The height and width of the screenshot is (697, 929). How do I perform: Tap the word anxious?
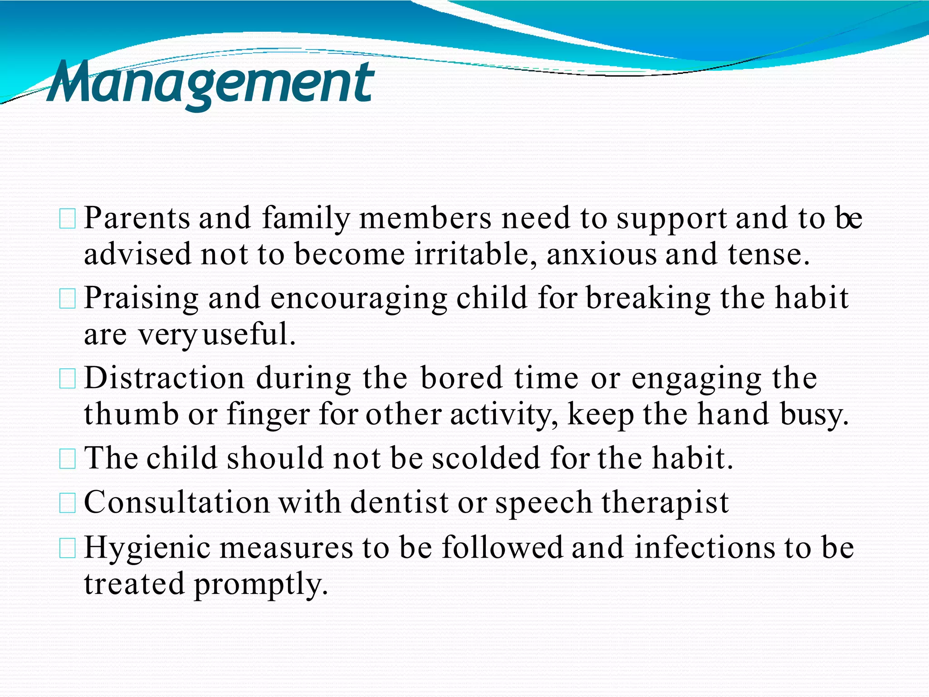pyautogui.click(x=601, y=254)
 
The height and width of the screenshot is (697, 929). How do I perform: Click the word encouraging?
pyautogui.click(x=358, y=299)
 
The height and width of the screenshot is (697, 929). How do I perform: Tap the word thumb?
pyautogui.click(x=131, y=414)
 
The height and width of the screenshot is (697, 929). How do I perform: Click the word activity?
pyautogui.click(x=504, y=415)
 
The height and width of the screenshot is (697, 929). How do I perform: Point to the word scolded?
pyautogui.click(x=486, y=458)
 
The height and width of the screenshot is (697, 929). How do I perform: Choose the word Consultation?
pyautogui.click(x=177, y=502)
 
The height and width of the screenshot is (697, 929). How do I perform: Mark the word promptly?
pyautogui.click(x=261, y=584)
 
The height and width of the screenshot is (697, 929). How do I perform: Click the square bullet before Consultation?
pyautogui.click(x=68, y=504)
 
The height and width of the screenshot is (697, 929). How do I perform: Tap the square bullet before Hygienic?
pyautogui.click(x=68, y=548)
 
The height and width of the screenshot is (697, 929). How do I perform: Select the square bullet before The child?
pyautogui.click(x=68, y=459)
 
